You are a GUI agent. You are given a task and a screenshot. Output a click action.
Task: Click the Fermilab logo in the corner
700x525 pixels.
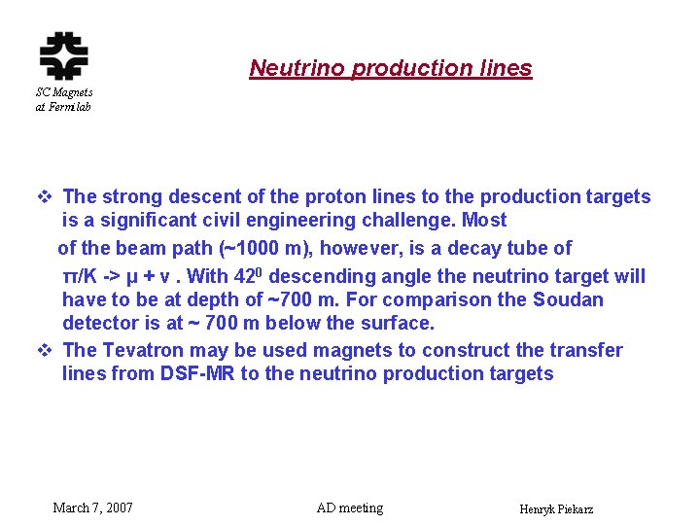tap(63, 55)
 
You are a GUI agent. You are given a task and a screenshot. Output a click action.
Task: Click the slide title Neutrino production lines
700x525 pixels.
tap(391, 68)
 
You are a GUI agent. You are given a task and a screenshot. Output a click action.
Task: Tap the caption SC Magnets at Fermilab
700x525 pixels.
tap(63, 99)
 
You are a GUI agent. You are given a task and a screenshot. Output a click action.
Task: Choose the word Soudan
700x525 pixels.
tap(565, 299)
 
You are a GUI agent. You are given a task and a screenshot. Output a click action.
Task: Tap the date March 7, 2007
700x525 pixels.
tap(93, 507)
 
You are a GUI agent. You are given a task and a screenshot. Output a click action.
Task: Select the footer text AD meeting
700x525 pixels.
tap(350, 507)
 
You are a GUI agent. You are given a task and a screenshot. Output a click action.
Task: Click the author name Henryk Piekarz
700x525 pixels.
tap(557, 509)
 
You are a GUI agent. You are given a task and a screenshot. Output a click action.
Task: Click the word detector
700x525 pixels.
tap(101, 323)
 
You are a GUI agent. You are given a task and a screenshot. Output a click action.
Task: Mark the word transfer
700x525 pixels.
tap(587, 350)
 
